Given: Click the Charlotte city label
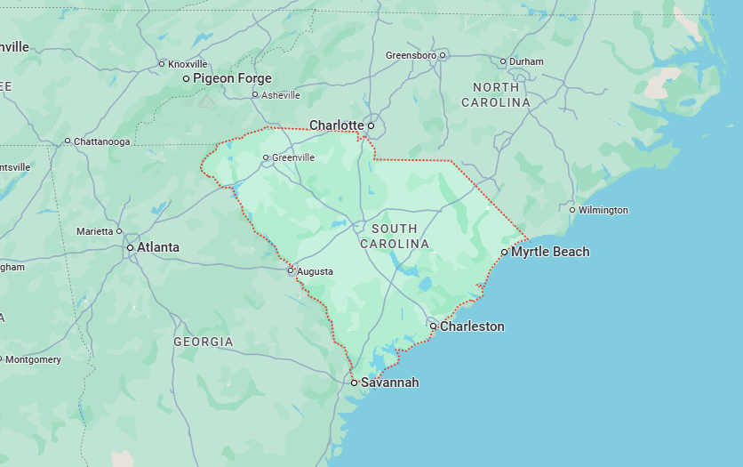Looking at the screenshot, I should (336, 125).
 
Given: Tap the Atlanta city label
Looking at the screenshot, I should (157, 247).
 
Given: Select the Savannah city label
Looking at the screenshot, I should (389, 382).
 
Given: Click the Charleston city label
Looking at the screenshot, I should (472, 326).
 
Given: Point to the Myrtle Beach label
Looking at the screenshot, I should (550, 252).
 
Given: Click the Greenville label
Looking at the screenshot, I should (293, 157).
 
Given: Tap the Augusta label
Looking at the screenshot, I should (315, 271).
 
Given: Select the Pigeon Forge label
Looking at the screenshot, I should (232, 78).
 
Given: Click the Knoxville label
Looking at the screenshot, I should (188, 64).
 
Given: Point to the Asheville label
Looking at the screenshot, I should (280, 95).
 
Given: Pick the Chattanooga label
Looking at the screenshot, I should (101, 141).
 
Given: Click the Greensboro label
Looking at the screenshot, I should (411, 55).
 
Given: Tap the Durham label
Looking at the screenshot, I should (526, 61).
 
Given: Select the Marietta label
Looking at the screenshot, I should (94, 231).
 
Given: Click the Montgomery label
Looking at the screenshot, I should (33, 359).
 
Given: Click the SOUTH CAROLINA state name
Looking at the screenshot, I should (395, 237).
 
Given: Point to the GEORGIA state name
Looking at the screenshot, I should (203, 342).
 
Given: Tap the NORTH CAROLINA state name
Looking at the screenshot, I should (496, 94).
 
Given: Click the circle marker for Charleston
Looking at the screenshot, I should (433, 326).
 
